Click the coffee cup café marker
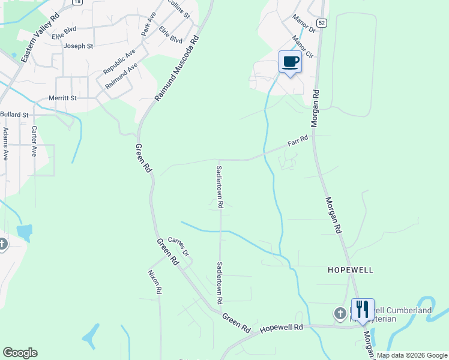pyautogui.click(x=291, y=62)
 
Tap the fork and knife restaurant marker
pyautogui.click(x=363, y=310)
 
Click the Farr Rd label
pyautogui.click(x=298, y=142)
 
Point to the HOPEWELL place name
pyautogui.click(x=351, y=270)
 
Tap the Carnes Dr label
pyautogui.click(x=178, y=246)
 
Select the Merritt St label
pyautogui.click(x=63, y=98)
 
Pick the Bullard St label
pyautogui.click(x=14, y=114)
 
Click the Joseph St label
pyautogui.click(x=79, y=46)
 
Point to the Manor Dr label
pyautogui.click(x=304, y=24)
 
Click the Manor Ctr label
pyautogui.click(x=303, y=47)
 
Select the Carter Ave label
pyautogui.click(x=35, y=141)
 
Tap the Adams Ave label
pyautogui.click(x=5, y=143)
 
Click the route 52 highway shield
pyautogui.click(x=323, y=22)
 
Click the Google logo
pyautogui.click(x=20, y=353)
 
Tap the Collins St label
pyautogui.click(x=178, y=7)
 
